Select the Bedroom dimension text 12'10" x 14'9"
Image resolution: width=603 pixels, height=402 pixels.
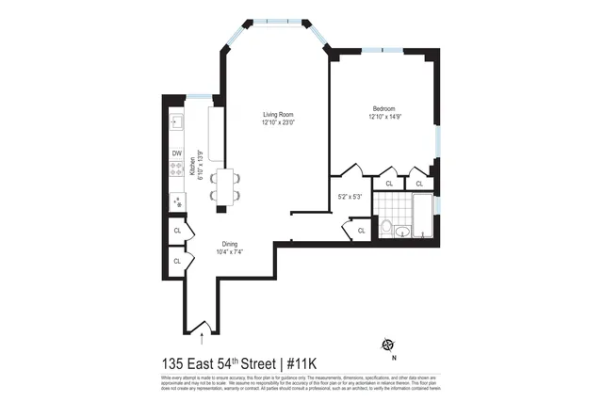tap(383, 118)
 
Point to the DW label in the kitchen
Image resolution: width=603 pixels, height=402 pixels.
tap(176, 153)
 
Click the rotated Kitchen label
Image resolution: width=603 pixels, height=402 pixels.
tap(192, 167)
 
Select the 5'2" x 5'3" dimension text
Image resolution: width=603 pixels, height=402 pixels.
tap(350, 196)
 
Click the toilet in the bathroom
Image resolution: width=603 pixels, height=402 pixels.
tap(385, 227)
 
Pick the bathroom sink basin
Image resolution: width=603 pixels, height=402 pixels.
tap(402, 231)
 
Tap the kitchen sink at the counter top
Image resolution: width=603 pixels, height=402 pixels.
tap(176, 122)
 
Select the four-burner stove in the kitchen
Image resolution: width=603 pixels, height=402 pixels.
tap(176, 170)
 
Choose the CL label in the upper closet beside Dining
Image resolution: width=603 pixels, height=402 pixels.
tap(176, 231)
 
